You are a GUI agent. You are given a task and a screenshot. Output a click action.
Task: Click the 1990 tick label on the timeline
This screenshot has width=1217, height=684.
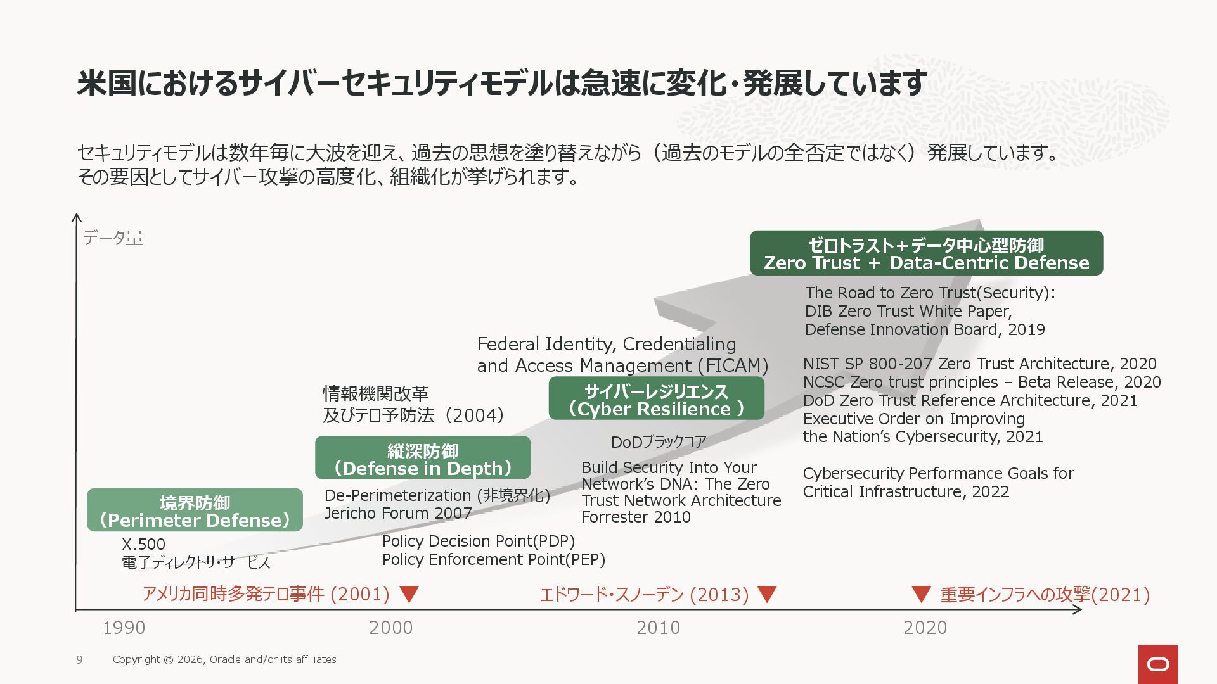tap(124, 628)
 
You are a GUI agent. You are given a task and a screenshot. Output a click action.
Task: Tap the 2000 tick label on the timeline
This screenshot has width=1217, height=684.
tap(390, 628)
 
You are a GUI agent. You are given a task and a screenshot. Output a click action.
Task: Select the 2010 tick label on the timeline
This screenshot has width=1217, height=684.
tap(658, 628)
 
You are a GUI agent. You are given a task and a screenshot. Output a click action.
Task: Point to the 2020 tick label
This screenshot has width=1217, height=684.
tap(925, 628)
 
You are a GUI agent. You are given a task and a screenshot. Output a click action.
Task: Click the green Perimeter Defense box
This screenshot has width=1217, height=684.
tap(195, 510)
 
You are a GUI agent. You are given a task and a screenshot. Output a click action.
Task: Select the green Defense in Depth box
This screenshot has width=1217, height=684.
tap(423, 459)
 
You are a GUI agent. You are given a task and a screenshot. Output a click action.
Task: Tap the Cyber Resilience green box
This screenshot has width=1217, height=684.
tap(656, 399)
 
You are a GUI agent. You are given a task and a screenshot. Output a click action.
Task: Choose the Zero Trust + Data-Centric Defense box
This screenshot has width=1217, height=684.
tap(926, 253)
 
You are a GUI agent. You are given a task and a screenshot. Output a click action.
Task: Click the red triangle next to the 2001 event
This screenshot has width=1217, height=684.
tap(409, 594)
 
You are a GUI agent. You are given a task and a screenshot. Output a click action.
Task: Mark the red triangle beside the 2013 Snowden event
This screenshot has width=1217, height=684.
tap(767, 594)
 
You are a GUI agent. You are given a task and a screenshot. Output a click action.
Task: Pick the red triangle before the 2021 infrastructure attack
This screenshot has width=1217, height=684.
tap(920, 594)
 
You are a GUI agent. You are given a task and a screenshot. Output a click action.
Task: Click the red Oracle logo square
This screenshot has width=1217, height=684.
tap(1158, 664)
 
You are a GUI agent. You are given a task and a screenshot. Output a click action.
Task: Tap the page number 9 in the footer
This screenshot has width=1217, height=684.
tap(79, 660)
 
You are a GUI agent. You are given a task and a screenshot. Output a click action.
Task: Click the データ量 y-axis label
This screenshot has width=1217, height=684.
tap(113, 238)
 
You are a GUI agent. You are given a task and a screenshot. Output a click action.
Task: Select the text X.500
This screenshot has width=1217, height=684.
tap(144, 544)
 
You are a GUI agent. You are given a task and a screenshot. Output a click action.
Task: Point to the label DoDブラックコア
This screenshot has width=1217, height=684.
tap(659, 442)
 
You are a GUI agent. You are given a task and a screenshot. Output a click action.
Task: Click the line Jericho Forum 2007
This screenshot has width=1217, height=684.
tap(398, 513)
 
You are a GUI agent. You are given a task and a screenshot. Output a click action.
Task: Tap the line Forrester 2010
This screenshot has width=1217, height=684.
tap(636, 517)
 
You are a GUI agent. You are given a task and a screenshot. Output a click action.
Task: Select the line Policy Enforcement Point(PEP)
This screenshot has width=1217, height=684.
tap(494, 559)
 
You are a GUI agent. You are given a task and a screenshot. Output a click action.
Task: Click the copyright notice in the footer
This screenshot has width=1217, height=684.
tap(224, 660)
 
